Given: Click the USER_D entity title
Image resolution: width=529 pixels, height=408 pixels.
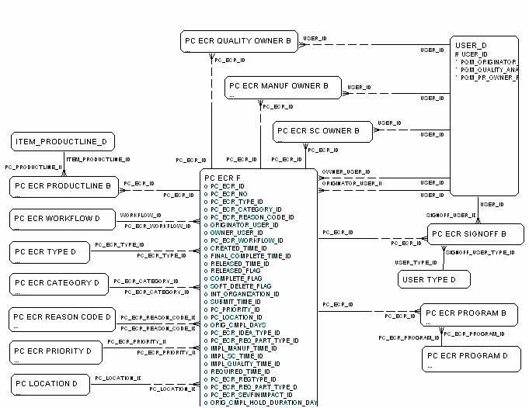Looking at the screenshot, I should (x=471, y=45).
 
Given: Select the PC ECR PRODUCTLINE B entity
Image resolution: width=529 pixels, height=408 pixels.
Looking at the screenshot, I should (x=64, y=186).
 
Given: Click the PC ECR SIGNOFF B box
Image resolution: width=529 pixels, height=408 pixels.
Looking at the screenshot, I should (x=471, y=234).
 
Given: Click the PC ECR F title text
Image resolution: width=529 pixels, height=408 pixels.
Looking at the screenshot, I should (x=222, y=178).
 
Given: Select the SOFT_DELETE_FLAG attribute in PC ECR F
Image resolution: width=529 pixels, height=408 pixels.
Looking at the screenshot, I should (x=241, y=286).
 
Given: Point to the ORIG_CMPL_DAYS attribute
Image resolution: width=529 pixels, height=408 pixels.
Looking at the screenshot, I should (x=238, y=325).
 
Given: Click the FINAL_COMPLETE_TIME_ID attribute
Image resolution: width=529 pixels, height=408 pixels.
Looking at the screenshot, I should (x=250, y=255).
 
